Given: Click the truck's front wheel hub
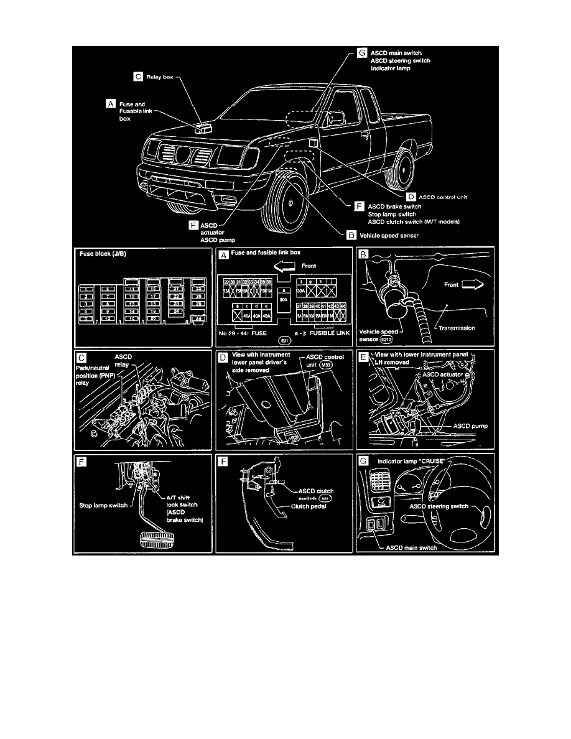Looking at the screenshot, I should (290, 203).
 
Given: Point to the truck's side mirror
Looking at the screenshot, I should (335, 118).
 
